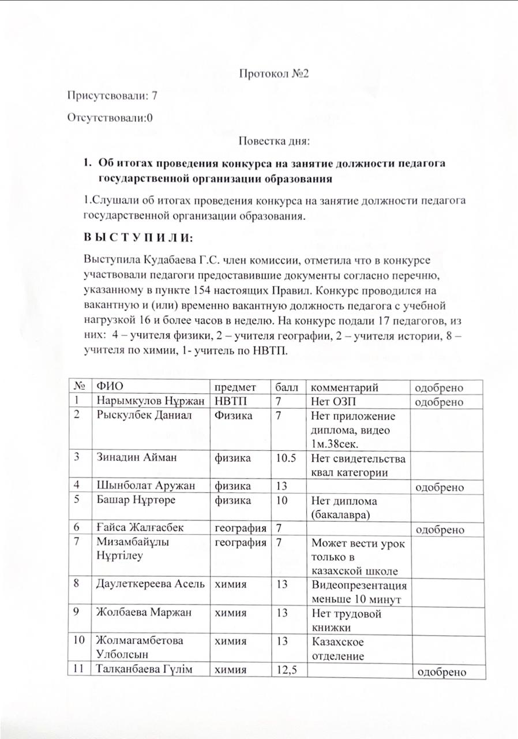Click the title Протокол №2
tap(275, 74)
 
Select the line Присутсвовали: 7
tap(112, 96)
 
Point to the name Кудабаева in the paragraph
tap(160, 257)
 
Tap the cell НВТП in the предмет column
tap(230, 401)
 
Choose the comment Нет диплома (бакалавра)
tap(344, 508)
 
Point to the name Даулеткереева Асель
tap(151, 585)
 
